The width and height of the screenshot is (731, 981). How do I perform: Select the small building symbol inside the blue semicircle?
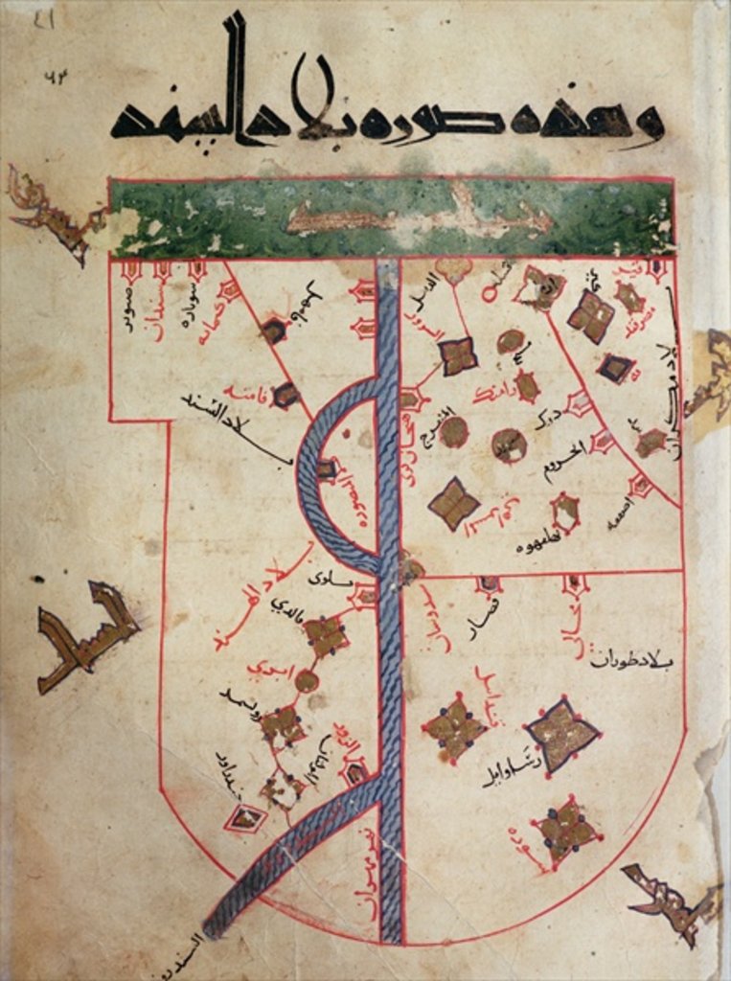pyautogui.click(x=327, y=469)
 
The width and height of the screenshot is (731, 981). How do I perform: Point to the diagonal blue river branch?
pyautogui.click(x=287, y=853)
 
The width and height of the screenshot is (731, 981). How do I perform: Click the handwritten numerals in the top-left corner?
pyautogui.click(x=57, y=79)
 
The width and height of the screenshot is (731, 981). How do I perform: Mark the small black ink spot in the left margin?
pyautogui.click(x=37, y=579)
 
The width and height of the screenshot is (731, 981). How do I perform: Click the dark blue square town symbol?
pyautogui.click(x=615, y=367)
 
